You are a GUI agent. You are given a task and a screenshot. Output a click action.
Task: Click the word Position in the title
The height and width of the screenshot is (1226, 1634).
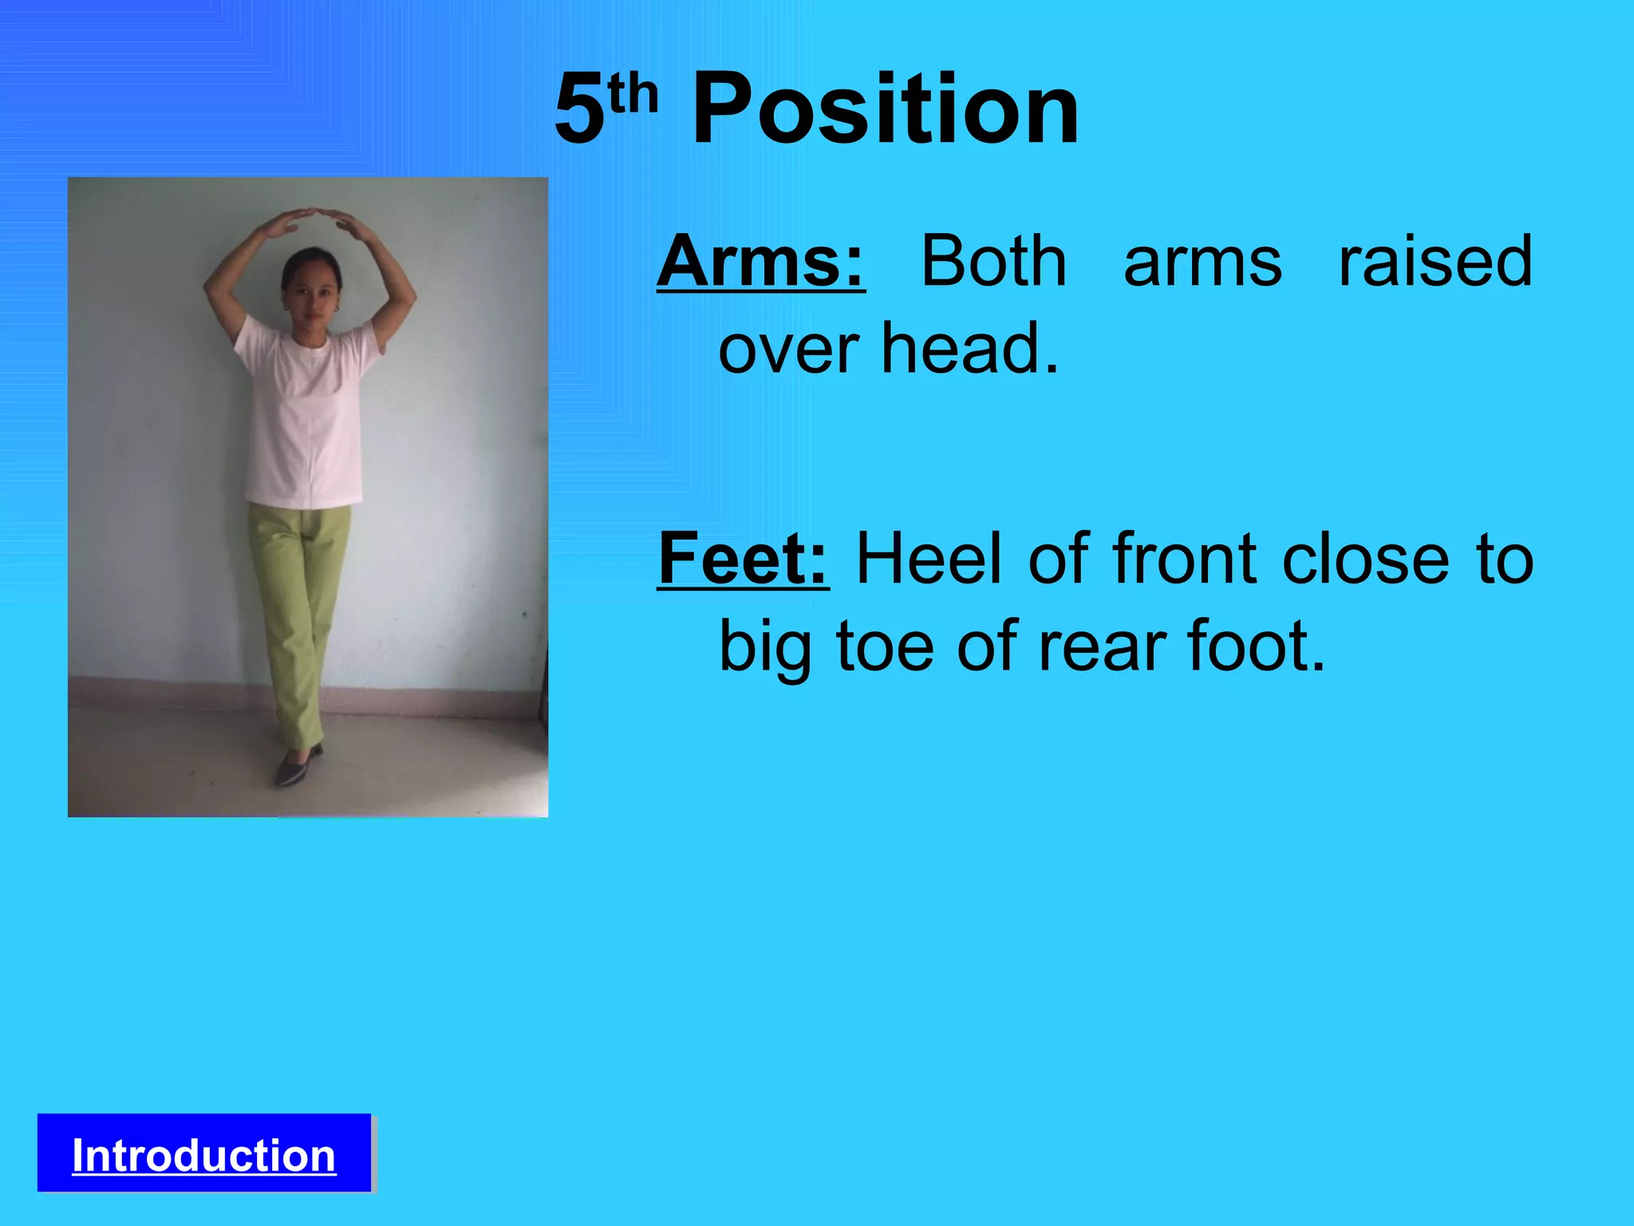(x=886, y=109)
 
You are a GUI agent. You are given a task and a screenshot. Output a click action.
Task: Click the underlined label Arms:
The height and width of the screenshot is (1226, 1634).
(x=760, y=261)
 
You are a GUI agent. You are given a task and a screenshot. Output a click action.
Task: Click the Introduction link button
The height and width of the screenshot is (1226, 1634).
(x=204, y=1154)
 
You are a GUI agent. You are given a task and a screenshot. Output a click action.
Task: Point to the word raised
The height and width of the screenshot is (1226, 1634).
(x=1435, y=261)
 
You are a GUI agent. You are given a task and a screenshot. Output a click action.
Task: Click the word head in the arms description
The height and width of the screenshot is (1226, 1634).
(x=969, y=349)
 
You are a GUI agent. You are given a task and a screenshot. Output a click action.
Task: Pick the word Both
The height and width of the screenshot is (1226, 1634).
(x=993, y=261)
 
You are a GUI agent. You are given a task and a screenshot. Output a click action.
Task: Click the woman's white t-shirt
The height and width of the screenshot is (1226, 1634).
(x=304, y=415)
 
